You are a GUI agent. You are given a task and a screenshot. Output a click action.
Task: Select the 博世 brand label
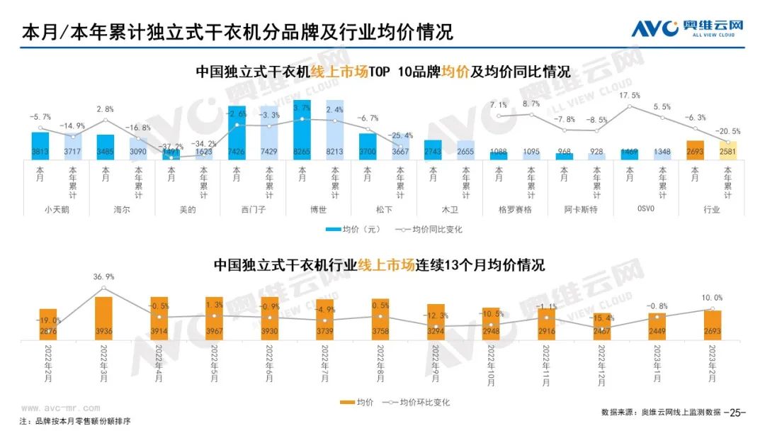[319, 209]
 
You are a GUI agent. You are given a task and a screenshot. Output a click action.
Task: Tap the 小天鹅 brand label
[57, 209]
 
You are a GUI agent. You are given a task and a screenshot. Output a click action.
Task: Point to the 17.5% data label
[630, 95]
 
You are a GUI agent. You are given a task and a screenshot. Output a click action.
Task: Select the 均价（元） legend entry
[354, 229]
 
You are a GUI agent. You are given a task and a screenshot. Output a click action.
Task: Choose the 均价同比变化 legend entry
[428, 229]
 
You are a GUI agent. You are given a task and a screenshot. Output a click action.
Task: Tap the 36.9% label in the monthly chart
[103, 276]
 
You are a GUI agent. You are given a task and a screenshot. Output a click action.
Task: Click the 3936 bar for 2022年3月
[103, 319]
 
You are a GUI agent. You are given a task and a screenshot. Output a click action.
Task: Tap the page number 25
[737, 412]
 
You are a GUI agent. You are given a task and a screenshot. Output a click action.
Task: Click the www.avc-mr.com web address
[60, 408]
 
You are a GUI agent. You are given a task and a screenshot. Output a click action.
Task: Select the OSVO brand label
[645, 209]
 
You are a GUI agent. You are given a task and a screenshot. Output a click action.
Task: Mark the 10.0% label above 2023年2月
[713, 298]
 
